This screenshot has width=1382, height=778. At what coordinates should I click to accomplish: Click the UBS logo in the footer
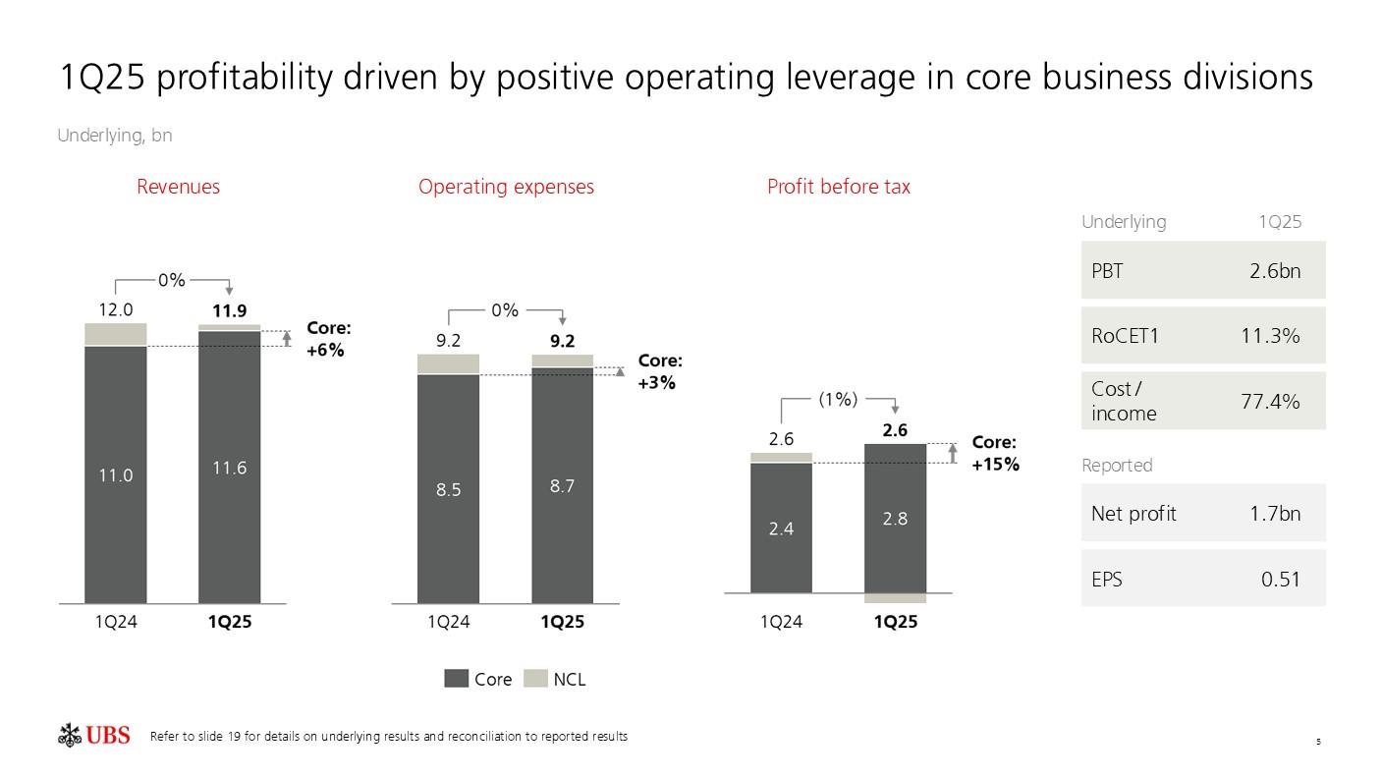94,735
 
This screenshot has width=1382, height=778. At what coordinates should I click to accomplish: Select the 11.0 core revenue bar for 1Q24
116,474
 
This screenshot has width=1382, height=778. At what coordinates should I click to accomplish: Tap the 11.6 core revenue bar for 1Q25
229,468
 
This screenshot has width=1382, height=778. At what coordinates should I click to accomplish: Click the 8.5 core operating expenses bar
449,489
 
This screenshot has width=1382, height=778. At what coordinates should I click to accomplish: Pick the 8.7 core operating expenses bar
562,485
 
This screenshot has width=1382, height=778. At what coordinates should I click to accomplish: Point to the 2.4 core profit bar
781,528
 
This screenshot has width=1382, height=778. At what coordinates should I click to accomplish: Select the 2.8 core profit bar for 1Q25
895,519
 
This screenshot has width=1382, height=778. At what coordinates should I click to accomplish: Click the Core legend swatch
457,679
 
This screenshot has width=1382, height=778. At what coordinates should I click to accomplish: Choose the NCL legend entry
556,679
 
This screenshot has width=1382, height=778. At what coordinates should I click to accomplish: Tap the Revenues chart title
178,187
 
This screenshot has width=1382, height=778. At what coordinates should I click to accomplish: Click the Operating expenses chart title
506,187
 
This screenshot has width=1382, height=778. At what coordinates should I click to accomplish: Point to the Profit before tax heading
838,187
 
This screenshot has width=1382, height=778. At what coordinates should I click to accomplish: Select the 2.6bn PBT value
1274,270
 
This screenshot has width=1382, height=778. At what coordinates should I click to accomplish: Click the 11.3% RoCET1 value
1270,336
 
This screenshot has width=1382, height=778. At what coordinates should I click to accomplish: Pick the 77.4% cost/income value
1270,401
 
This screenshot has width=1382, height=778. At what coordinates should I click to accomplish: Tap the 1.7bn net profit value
1274,513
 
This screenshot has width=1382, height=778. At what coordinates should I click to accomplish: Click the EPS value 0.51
1280,579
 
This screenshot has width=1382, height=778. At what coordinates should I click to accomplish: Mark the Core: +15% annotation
995,454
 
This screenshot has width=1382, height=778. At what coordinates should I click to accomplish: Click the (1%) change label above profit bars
838,399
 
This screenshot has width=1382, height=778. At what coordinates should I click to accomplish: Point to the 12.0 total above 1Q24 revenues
115,309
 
